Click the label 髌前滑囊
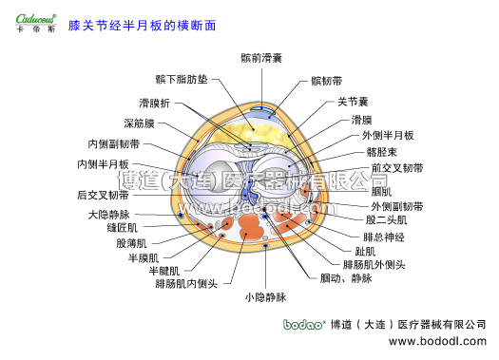tap(261, 59)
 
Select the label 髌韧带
tap(327, 83)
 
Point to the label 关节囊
tap(354, 101)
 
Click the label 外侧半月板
tap(387, 136)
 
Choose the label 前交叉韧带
tap(397, 167)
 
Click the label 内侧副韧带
tap(113, 144)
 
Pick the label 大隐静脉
tap(107, 215)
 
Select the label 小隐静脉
tap(264, 297)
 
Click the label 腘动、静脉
tap(346, 277)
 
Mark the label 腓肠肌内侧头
tap(186, 283)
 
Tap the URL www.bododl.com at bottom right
tap(439, 340)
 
